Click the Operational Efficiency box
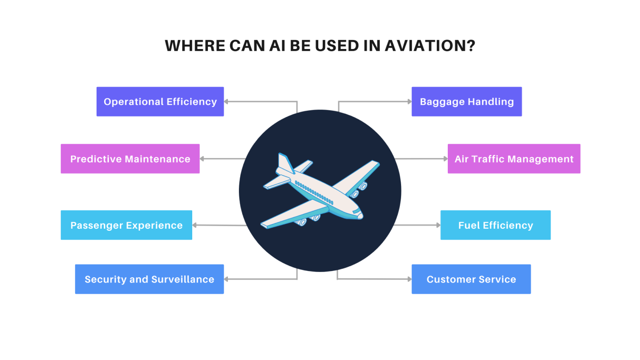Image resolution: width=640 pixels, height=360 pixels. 160,102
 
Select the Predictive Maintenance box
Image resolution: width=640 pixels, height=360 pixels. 130,159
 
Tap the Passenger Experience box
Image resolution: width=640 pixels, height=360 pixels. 126,225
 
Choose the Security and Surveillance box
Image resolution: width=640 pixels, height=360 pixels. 149,279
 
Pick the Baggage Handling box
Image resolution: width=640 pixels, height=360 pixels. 467,102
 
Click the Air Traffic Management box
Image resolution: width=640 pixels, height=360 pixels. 514,159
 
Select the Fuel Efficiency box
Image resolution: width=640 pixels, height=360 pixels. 495,225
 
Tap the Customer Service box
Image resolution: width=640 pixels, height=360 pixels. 471,279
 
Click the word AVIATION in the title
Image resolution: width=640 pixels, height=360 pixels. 430,46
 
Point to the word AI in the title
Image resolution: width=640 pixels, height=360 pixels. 277,46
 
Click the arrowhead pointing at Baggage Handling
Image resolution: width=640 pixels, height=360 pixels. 410,102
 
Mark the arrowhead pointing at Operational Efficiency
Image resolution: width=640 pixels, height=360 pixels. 226,102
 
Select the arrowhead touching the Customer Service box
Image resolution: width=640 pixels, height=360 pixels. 410,279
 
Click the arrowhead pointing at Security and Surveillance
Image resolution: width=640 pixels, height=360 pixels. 226,279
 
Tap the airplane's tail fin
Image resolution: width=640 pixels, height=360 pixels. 286,163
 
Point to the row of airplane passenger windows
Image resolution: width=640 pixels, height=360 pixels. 314,193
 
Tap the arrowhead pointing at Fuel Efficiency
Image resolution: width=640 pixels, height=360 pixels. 439,225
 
